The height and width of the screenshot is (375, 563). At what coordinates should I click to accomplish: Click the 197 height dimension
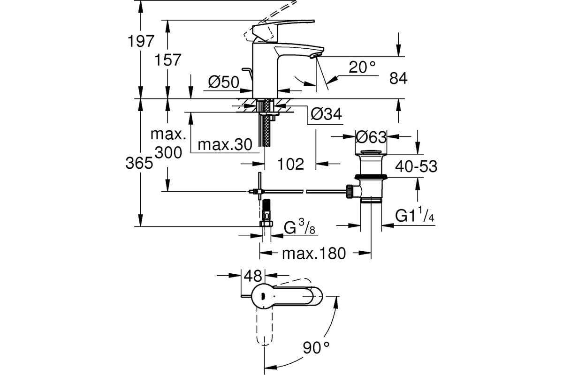(141, 41)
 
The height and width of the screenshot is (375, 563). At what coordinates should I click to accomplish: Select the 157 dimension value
(167, 60)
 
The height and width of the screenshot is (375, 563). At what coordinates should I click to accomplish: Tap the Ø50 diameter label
(224, 82)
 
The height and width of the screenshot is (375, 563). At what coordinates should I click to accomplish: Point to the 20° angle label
(362, 67)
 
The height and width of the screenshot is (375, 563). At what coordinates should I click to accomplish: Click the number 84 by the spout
(398, 78)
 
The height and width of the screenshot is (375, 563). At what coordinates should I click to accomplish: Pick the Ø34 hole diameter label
(326, 114)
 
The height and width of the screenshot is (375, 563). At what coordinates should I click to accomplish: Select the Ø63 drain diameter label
(371, 137)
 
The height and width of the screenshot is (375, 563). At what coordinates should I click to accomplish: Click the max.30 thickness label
(225, 145)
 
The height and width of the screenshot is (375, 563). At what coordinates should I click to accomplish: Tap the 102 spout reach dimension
(290, 164)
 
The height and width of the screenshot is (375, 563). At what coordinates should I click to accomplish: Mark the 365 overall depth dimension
(139, 163)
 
